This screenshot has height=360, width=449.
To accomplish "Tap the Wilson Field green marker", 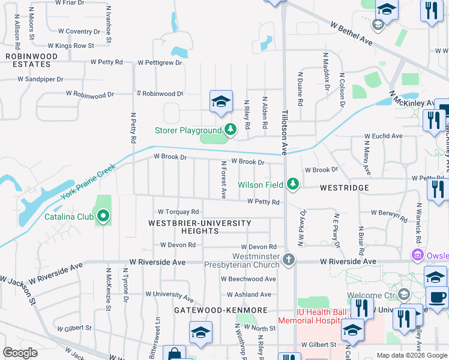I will [x=292, y=184].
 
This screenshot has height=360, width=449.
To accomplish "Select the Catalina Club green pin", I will [x=103, y=216].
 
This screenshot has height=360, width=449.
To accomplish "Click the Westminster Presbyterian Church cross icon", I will [x=289, y=260].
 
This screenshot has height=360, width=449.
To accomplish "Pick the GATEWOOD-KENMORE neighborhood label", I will [x=220, y=310].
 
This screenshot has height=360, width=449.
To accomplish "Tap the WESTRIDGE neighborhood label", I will [x=344, y=188].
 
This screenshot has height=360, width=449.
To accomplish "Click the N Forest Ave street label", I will [x=223, y=180].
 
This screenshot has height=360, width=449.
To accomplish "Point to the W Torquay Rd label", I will [x=178, y=212].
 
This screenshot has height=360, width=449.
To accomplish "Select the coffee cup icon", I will [x=437, y=298].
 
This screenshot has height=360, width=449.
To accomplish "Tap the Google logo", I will [x=20, y=353].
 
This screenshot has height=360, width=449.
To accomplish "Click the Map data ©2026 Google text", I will [x=412, y=355].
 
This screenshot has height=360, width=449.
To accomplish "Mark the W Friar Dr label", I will [x=70, y=3].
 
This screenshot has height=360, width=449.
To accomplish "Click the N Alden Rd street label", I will [x=264, y=112].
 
